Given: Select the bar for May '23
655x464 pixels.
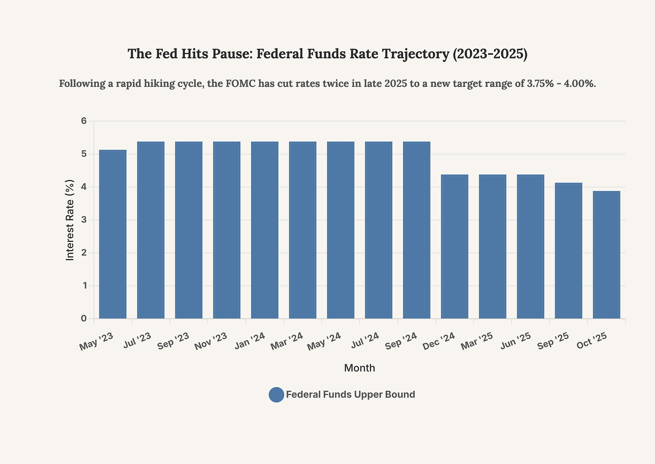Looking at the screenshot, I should [x=112, y=234].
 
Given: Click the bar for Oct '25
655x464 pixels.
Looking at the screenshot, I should [x=606, y=255].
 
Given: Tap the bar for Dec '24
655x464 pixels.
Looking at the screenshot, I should [x=454, y=246].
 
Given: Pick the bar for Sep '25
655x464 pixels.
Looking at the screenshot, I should [x=568, y=251].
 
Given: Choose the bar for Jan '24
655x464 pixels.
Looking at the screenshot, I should [x=265, y=230].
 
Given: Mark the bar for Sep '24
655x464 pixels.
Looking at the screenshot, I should [x=417, y=230].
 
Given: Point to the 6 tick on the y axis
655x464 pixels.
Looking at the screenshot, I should [x=84, y=121].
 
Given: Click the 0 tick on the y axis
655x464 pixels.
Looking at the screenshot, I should [x=84, y=319].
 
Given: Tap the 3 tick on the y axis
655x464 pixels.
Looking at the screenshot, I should [x=84, y=220].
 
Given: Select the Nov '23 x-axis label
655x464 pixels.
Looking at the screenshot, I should [x=211, y=341].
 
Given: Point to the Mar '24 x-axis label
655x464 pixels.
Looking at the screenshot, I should [x=287, y=341].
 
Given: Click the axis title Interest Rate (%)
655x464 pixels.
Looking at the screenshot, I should [x=70, y=220].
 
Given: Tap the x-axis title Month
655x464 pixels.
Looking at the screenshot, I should [x=359, y=368].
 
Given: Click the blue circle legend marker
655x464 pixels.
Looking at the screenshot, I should [x=276, y=395].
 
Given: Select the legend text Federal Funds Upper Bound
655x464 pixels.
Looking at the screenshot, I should [x=350, y=395].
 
